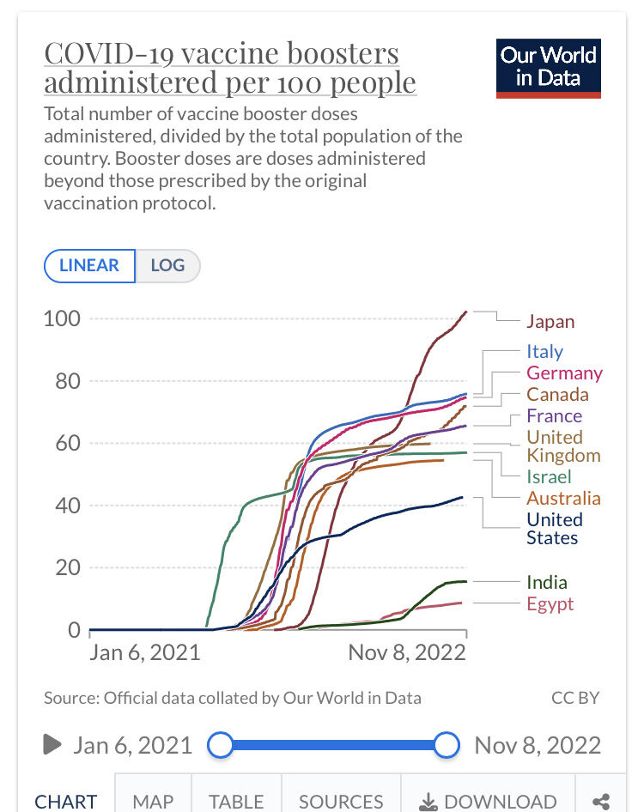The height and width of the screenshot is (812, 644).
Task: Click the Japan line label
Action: pos(550,322)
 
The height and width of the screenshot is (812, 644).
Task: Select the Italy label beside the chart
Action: pos(544,351)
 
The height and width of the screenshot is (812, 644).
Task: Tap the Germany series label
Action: pos(564,373)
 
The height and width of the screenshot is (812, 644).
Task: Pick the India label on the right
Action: pos(547,583)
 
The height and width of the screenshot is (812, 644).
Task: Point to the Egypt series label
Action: pos(550,604)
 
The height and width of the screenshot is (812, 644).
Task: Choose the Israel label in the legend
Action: pos(549,476)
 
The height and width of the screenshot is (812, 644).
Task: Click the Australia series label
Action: pos(563,498)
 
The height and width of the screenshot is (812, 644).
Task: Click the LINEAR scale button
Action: pos(89,265)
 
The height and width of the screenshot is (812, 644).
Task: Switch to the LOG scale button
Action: pos(167,265)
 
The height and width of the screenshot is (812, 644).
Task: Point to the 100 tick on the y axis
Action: pos(62,318)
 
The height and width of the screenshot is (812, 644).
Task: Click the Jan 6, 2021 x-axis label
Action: pos(145,652)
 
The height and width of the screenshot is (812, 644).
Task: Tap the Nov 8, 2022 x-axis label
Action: pos(407,652)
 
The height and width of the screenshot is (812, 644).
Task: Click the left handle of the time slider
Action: pos(221,745)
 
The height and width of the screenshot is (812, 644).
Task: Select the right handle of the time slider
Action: pos(447,745)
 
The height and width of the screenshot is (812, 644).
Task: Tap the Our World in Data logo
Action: pos(549,68)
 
